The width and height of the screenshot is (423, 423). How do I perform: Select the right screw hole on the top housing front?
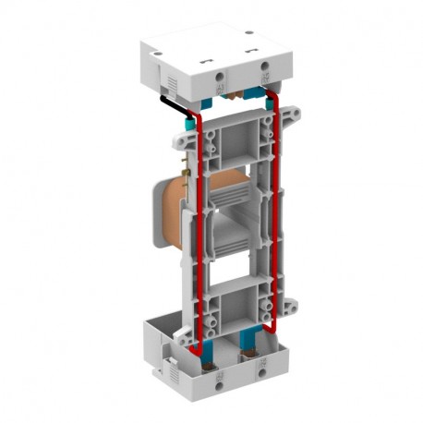pyautogui.click(x=265, y=65)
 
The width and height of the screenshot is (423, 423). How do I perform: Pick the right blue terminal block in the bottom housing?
pyautogui.click(x=250, y=342)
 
